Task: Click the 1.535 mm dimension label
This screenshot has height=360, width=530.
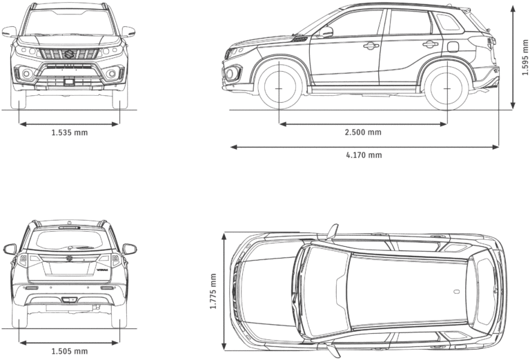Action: [69, 132]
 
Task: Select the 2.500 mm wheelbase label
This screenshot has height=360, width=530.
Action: [363, 132]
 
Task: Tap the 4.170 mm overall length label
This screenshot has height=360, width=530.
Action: [364, 155]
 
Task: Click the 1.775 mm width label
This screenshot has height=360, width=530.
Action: [214, 292]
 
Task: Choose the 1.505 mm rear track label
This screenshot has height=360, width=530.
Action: [69, 351]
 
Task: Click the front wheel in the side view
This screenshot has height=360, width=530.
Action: [279, 88]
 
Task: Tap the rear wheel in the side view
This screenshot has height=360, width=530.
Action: [446, 88]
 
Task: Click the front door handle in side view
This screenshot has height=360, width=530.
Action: [371, 46]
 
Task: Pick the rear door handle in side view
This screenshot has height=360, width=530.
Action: [431, 45]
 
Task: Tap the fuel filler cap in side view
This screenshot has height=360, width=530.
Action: [454, 47]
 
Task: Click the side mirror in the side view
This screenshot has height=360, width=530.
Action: [325, 32]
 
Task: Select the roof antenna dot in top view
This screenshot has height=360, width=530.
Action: [456, 292]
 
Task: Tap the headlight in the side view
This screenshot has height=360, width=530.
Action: [237, 51]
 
